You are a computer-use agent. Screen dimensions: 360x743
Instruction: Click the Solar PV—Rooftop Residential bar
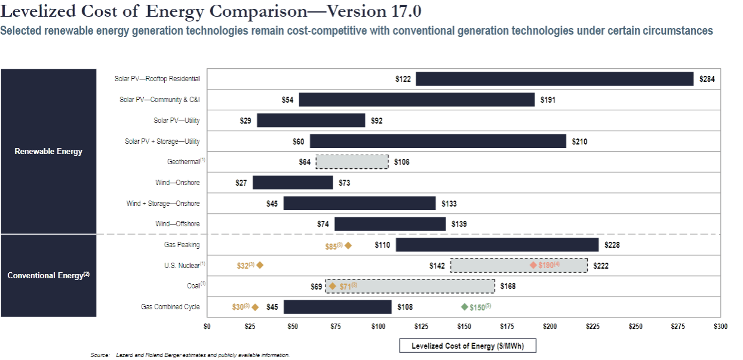(x=554, y=79)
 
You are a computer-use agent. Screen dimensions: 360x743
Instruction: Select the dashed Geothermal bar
(x=352, y=162)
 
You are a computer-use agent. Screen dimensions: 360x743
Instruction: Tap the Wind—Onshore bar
(x=293, y=183)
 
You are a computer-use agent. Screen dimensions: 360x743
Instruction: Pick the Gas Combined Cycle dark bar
(x=337, y=307)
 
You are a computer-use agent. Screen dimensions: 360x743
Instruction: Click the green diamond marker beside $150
(x=465, y=307)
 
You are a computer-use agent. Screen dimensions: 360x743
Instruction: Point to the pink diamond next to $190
(x=533, y=265)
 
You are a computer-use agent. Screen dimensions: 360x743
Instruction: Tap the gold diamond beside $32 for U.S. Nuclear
(x=260, y=265)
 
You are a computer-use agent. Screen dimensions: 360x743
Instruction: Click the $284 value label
(x=707, y=79)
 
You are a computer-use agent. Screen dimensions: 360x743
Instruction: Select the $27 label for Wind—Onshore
(x=241, y=183)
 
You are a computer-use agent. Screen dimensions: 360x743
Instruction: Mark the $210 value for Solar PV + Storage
(x=579, y=141)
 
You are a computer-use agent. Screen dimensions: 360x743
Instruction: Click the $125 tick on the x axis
(x=421, y=327)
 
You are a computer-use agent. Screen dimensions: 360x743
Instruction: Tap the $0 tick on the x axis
(x=207, y=327)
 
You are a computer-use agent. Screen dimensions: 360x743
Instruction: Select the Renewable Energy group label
(x=48, y=151)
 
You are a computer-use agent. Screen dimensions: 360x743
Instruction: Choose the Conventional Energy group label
(x=48, y=275)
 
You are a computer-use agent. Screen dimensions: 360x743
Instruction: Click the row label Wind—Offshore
(x=177, y=224)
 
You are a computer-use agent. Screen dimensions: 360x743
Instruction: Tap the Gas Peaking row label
(x=182, y=245)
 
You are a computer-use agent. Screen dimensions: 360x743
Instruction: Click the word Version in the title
(x=333, y=11)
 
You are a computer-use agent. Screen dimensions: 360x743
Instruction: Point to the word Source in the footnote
(x=99, y=355)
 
